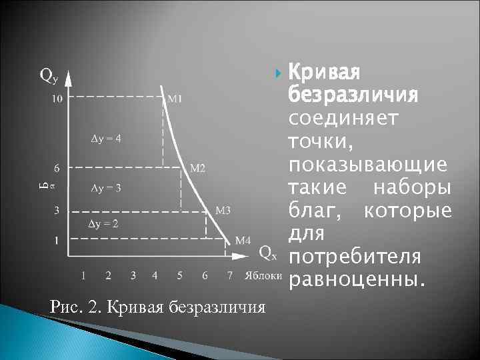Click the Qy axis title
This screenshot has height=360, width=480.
[x=49, y=75]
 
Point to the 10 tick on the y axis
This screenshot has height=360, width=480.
[x=57, y=99]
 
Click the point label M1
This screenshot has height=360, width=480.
[x=176, y=99]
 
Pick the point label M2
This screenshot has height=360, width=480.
[x=198, y=167]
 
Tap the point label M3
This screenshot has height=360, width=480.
[x=223, y=210]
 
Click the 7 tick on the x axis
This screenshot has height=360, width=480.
[x=229, y=275]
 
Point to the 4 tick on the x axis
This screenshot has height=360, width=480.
[x=155, y=275]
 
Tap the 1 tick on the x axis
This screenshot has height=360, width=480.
[x=83, y=275]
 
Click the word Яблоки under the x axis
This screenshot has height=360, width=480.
[x=263, y=275]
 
